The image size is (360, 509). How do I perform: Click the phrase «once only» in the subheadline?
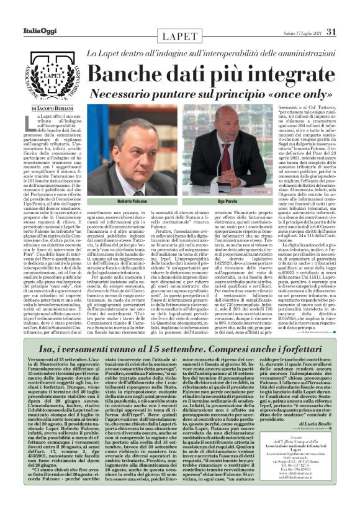[303, 93]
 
